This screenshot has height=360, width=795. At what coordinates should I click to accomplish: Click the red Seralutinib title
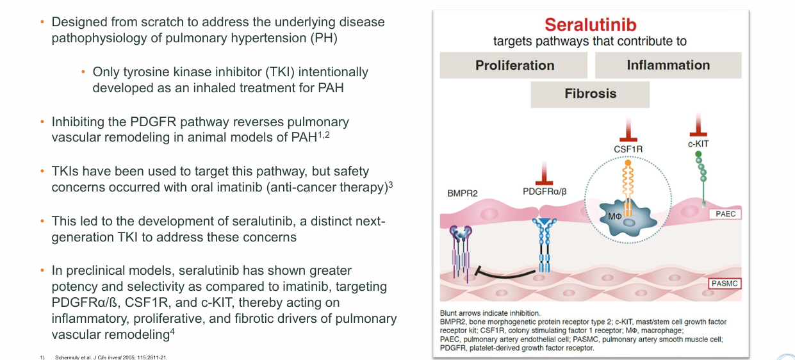tap(590, 25)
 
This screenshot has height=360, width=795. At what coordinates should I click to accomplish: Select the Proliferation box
tap(514, 65)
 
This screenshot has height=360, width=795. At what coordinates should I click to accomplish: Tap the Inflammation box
tap(668, 65)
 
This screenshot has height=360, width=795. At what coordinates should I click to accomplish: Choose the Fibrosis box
tap(590, 94)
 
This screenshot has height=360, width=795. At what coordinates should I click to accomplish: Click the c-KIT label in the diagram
tap(698, 144)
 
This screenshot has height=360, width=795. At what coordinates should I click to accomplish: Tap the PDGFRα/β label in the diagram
tap(544, 191)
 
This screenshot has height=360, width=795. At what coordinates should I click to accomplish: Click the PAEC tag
tap(725, 215)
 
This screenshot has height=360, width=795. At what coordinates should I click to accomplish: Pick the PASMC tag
tap(725, 282)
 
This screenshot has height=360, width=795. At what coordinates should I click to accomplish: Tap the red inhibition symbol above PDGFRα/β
tap(545, 173)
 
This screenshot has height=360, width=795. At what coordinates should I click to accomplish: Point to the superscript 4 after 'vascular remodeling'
tap(173, 331)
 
